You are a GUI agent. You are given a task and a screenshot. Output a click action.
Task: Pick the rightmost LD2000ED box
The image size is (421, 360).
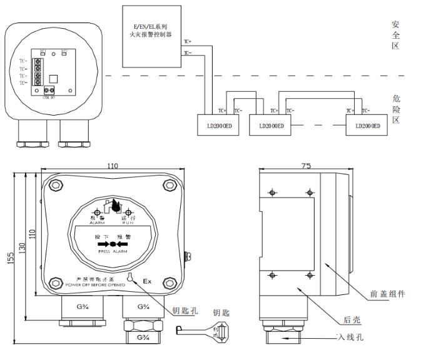(x=367, y=125)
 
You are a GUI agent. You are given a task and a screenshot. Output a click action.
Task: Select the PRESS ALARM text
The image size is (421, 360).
(x=113, y=251)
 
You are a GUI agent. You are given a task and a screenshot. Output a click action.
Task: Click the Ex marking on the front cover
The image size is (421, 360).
(x=147, y=281)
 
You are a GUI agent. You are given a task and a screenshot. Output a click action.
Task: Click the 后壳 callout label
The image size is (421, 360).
(x=352, y=320)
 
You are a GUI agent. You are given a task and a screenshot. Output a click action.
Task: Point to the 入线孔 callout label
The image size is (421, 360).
(x=350, y=338)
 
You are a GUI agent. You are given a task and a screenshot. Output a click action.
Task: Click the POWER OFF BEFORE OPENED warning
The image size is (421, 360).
(x=96, y=285)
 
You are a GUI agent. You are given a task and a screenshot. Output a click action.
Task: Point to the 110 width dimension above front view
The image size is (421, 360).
(x=113, y=166)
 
